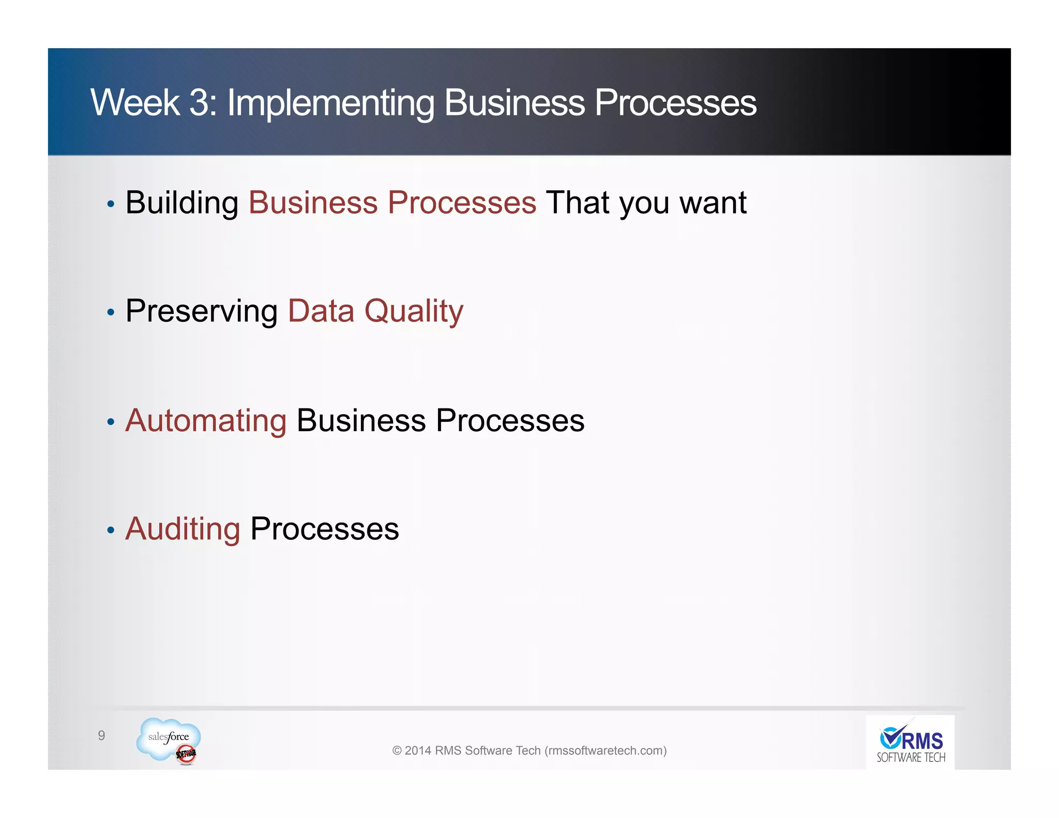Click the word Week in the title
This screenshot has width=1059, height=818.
tap(135, 102)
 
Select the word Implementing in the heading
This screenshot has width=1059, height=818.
tap(330, 103)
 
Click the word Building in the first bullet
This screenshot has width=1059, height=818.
tap(181, 203)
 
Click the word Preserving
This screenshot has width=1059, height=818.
tap(202, 311)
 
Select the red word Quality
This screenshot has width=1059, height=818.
tap(414, 311)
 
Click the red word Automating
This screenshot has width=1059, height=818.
tap(206, 420)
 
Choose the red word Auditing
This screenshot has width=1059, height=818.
tap(183, 529)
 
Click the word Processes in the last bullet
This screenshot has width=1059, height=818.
tap(325, 529)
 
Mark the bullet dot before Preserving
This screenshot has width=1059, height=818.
tap(110, 312)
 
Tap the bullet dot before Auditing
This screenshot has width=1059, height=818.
tap(110, 530)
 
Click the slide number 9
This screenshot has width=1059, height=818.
tap(101, 735)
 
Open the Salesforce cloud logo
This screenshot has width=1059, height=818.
tap(168, 740)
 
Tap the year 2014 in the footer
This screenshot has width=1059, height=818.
tap(418, 750)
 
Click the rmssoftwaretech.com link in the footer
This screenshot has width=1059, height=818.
tap(606, 750)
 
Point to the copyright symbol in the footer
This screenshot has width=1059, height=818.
tap(397, 751)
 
